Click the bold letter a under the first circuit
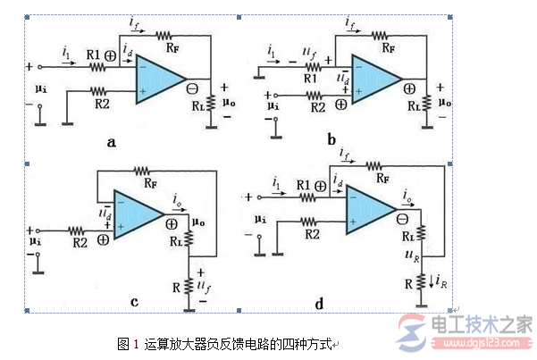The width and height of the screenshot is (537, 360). (x=111, y=141)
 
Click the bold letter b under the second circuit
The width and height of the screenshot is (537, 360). (x=331, y=140)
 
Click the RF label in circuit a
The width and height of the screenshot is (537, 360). (x=166, y=36)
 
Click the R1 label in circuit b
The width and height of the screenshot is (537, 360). (x=310, y=79)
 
